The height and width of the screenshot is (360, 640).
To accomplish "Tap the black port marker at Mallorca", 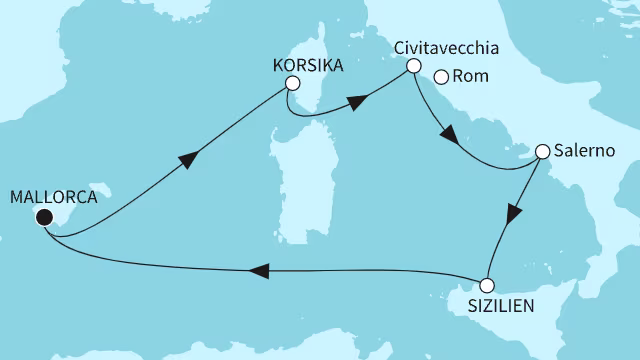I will click(44, 217).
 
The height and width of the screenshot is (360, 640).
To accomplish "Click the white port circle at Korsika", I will click(292, 84).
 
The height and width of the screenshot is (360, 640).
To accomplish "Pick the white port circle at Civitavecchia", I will click(412, 66).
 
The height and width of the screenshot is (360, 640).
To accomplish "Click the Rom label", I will click(468, 75).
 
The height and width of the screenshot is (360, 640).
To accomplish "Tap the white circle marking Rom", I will click(440, 75).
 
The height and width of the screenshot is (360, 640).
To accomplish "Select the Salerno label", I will click(581, 152).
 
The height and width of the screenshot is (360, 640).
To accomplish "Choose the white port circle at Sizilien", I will click(487, 284).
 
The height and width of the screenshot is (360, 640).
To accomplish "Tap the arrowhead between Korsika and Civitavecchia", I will click(356, 101).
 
